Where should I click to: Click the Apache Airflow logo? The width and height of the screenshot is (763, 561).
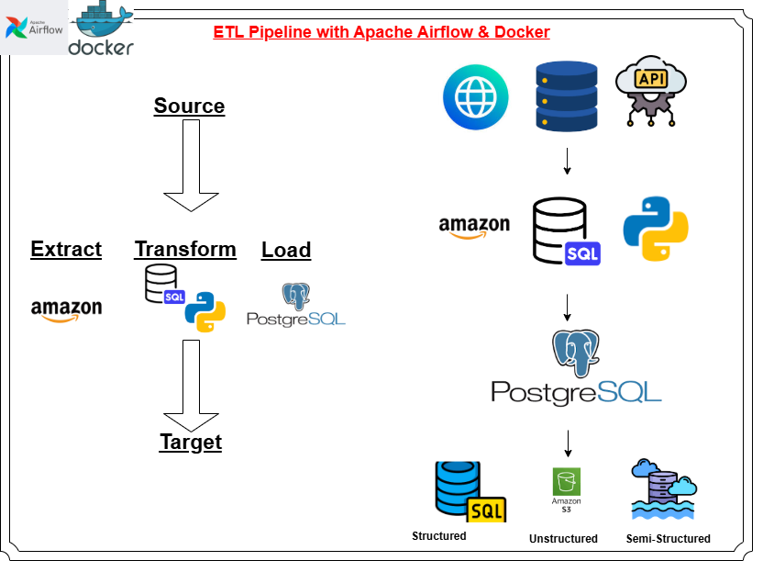34,28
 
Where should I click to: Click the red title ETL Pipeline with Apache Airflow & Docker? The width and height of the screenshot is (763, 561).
381,32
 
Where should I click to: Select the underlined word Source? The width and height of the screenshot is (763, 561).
189,106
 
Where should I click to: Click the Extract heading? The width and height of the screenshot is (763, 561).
66,249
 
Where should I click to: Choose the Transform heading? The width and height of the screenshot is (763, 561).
185,249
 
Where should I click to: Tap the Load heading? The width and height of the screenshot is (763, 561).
286,250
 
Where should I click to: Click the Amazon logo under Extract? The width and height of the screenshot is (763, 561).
66,310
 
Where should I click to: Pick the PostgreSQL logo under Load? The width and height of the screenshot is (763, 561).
295,306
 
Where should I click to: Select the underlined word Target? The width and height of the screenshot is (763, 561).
191,442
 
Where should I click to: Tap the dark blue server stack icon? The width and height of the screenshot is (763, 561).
566,95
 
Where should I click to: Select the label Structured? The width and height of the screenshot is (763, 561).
439,536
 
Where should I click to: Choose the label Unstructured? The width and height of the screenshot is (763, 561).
563,539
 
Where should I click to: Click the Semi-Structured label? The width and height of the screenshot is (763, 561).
668,539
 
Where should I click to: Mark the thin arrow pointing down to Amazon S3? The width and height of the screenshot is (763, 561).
568,443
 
